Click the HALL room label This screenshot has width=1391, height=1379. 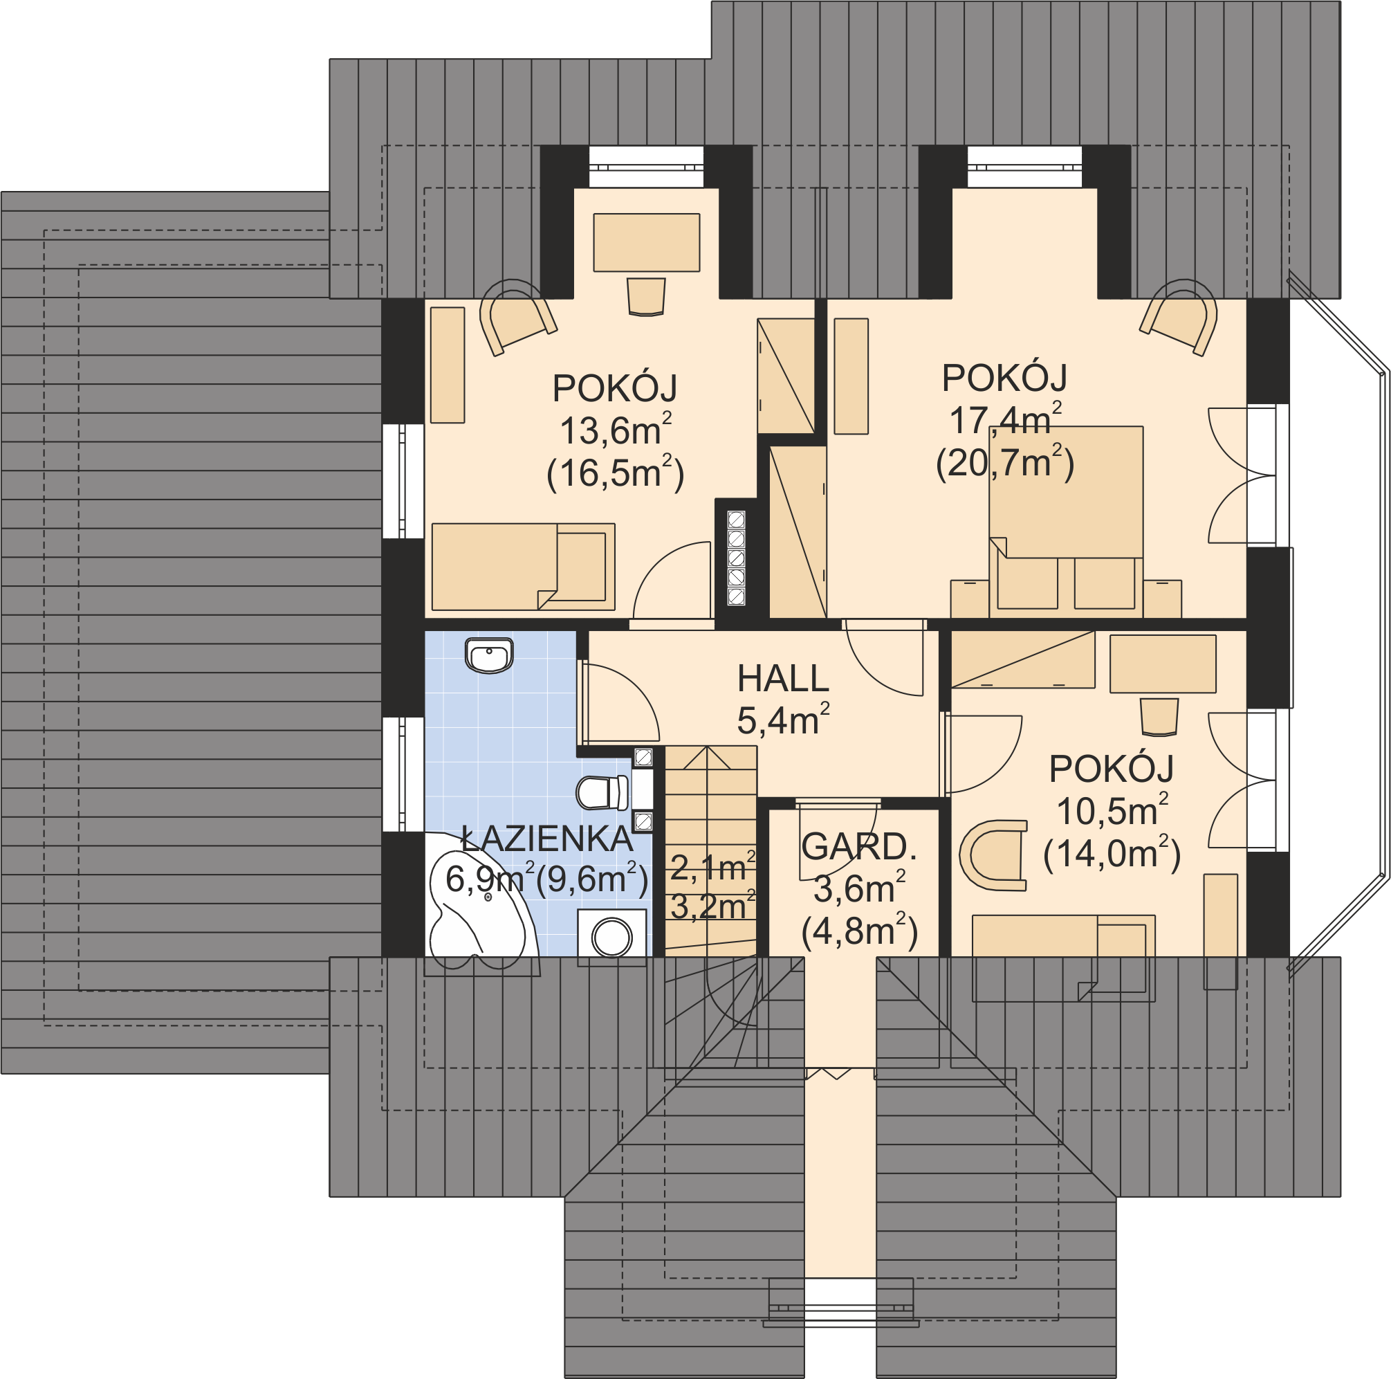pyautogui.click(x=783, y=678)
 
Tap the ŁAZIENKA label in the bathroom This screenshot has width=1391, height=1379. pyautogui.click(x=547, y=838)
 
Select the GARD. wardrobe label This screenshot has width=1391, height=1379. pyautogui.click(x=859, y=847)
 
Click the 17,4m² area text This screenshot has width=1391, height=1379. pyautogui.click(x=1006, y=419)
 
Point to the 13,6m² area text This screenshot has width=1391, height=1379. pyautogui.click(x=616, y=429)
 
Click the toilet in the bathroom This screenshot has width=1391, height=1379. pyautogui.click(x=603, y=792)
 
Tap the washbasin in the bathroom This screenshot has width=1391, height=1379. pyautogui.click(x=490, y=655)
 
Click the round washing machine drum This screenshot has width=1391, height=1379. pyautogui.click(x=612, y=938)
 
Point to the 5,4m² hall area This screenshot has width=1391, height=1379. pyautogui.click(x=783, y=720)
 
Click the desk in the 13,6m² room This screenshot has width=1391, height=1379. pyautogui.click(x=647, y=242)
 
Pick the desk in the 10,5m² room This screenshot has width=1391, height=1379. pyautogui.click(x=1163, y=664)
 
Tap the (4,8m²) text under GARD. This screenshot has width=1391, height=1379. pyautogui.click(x=859, y=931)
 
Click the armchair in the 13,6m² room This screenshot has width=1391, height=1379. pyautogui.click(x=518, y=317)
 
